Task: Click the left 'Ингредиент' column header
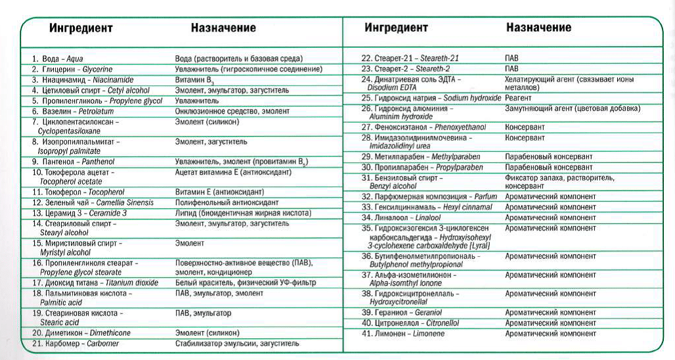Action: (81, 29)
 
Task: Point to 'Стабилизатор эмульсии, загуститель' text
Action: (237, 344)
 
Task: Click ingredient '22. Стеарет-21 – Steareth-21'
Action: (410, 58)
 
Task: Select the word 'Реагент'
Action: (518, 98)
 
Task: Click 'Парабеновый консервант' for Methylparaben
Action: (548, 157)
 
